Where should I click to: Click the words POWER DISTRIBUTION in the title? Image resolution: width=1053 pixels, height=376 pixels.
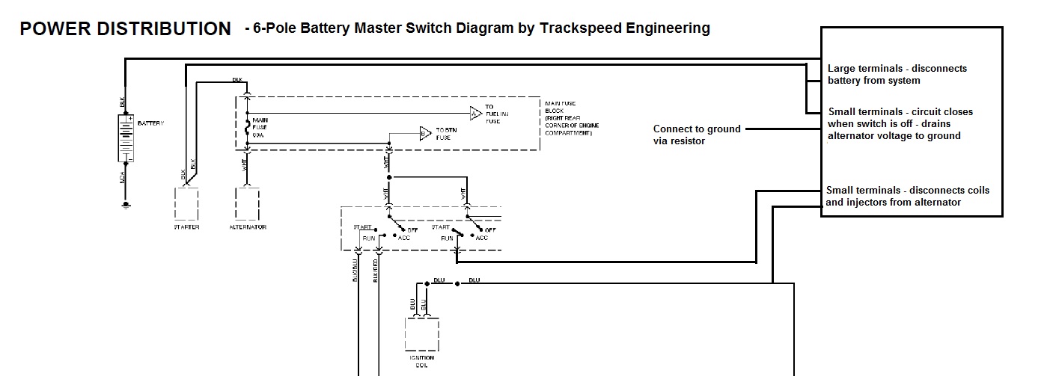pos(125,29)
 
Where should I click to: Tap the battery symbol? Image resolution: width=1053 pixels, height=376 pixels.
pos(126,138)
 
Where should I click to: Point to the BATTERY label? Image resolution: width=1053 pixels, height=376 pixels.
pos(150,123)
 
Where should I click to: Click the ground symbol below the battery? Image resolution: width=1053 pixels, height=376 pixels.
pos(126,203)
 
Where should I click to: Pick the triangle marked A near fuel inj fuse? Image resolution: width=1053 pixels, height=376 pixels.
pos(475,114)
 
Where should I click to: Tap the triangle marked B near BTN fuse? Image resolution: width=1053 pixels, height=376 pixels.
pos(424,135)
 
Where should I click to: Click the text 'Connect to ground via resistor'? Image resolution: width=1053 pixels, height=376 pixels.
pos(697,135)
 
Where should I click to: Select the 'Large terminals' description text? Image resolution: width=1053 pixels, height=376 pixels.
pos(897,74)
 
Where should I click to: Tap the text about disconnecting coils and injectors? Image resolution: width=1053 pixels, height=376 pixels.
pos(907,196)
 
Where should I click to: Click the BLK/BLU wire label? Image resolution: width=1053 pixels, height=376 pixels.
pos(354,271)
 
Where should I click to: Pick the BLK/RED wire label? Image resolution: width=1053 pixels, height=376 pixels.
pos(374,271)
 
